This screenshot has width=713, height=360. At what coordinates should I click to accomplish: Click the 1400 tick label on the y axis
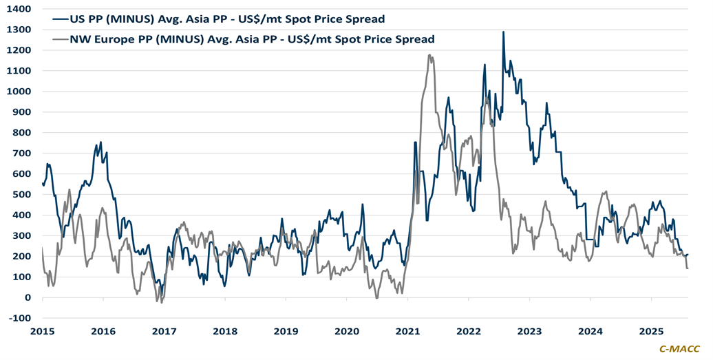click(21, 9)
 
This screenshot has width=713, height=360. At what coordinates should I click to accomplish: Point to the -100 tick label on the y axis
click(21, 318)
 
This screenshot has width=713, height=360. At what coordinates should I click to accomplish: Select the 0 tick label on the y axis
click(28, 297)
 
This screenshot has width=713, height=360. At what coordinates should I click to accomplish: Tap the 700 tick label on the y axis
click(23, 153)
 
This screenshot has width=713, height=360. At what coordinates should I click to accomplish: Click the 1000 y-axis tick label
click(21, 92)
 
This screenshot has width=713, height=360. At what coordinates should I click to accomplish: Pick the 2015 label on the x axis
click(43, 331)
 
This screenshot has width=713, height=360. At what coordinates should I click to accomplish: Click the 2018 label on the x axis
click(225, 331)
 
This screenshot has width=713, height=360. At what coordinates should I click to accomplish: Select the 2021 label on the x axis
click(407, 331)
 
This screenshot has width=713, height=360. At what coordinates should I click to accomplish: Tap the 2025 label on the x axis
click(651, 331)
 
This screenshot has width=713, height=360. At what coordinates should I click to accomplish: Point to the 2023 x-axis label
click(529, 331)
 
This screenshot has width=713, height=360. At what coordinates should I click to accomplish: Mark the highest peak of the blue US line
click(503, 32)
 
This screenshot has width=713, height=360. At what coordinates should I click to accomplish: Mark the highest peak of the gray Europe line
click(429, 55)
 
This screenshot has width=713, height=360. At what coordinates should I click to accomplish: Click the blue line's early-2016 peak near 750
click(101, 142)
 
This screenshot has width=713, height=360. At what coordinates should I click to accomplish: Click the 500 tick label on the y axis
click(23, 195)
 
